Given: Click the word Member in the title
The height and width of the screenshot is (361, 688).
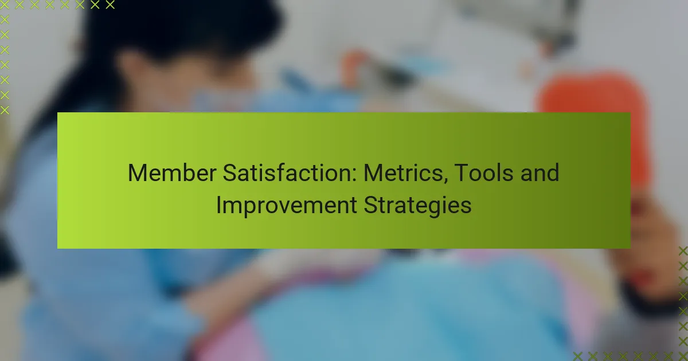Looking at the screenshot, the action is [172, 173].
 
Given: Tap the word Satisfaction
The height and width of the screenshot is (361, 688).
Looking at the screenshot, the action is [290, 173].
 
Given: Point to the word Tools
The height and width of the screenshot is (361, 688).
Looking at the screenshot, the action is [483, 173].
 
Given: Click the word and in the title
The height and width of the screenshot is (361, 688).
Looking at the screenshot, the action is [540, 173].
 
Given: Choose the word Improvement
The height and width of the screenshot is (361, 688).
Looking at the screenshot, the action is [287, 206].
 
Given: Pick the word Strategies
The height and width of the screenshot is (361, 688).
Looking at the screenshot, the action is [417, 206].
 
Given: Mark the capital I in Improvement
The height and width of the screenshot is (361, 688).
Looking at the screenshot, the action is [218, 205].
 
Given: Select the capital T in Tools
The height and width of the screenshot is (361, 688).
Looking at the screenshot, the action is [462, 173].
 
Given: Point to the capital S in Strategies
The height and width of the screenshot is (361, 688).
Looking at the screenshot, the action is [370, 205].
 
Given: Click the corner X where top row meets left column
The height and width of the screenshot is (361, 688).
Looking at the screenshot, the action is [5, 5].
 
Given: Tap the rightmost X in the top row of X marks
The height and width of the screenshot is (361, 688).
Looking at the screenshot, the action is [110, 5].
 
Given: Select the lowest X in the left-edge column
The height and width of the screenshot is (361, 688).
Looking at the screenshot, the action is [5, 110].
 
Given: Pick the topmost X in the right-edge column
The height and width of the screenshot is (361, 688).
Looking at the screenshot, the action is [683, 251].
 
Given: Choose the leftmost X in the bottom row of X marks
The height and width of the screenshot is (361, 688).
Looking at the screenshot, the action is [578, 356].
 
